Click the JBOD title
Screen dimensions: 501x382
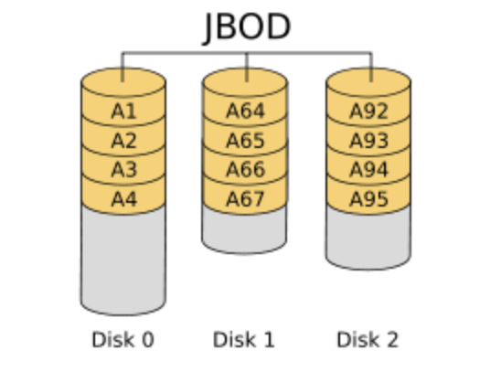pos(247,27)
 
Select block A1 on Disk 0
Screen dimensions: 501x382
pos(123,111)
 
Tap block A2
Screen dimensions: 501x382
pos(123,141)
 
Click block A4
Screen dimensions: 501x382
pos(123,198)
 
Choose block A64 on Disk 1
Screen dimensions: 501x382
pos(245,111)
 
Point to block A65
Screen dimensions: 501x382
pos(245,141)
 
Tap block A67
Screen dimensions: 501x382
pos(245,198)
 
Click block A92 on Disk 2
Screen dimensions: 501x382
pos(368,111)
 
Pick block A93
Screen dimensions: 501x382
pos(368,141)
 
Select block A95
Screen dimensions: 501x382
pos(368,198)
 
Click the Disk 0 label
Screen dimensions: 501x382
pos(123,340)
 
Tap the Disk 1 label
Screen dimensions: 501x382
pos(244,340)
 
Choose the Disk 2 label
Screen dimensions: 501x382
pos(368,340)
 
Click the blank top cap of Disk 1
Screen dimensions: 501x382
pos(245,81)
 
